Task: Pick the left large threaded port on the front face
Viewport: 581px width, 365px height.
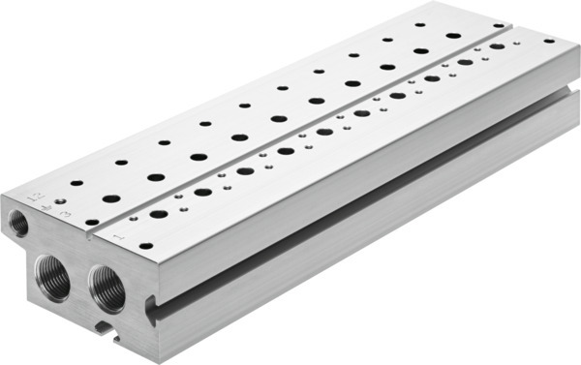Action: click(54, 278)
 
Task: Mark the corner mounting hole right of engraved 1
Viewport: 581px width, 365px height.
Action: click(144, 246)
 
